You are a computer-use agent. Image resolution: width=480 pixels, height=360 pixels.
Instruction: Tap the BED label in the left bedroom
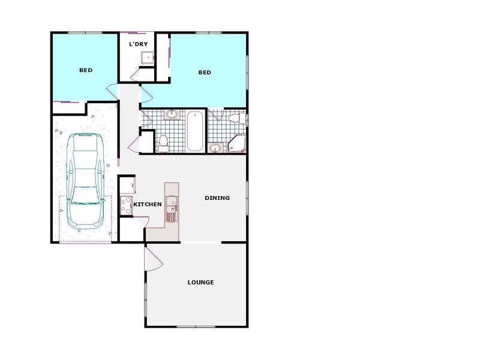click(86, 70)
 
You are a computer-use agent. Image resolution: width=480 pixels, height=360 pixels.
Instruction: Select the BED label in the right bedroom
click(205, 73)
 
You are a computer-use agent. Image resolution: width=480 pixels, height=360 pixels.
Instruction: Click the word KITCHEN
click(147, 205)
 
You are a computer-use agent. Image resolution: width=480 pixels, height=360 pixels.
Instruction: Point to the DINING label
click(217, 198)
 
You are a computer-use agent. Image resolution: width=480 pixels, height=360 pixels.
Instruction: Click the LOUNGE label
click(200, 283)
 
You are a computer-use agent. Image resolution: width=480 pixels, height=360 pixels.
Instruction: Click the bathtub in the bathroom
click(195, 131)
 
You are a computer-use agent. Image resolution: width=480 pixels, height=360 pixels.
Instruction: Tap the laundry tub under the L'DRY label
click(147, 58)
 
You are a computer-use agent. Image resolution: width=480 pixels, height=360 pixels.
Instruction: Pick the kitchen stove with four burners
click(125, 206)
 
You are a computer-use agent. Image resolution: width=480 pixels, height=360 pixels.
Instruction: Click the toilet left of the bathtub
click(163, 142)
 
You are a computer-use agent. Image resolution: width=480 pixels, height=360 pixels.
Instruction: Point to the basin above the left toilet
click(171, 114)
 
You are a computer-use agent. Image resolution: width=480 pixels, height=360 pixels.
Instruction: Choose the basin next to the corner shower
click(215, 147)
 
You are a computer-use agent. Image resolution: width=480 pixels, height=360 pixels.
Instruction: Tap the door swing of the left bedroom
click(112, 93)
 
